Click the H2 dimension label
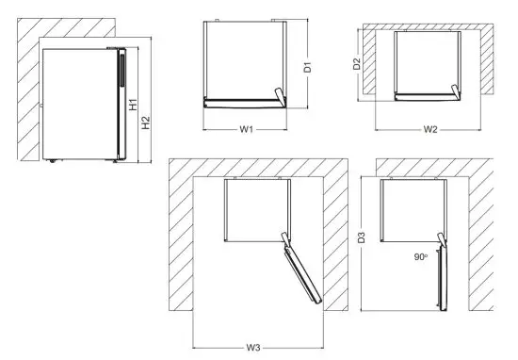(145, 124)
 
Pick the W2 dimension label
(430, 128)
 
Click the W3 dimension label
(254, 348)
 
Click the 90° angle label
(421, 255)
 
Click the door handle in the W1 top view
(278, 93)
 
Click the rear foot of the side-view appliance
(52, 160)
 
